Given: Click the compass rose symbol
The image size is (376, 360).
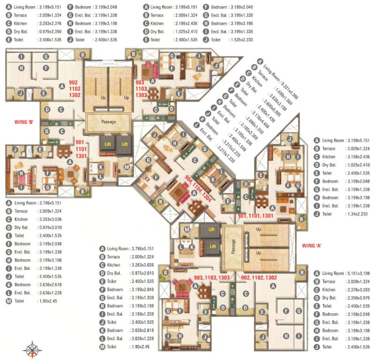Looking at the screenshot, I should (32, 350).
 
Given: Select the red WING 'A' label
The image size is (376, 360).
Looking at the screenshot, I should (312, 245).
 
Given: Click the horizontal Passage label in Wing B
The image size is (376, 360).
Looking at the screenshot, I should (108, 121).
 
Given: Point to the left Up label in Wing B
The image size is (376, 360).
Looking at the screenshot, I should (103, 98).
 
